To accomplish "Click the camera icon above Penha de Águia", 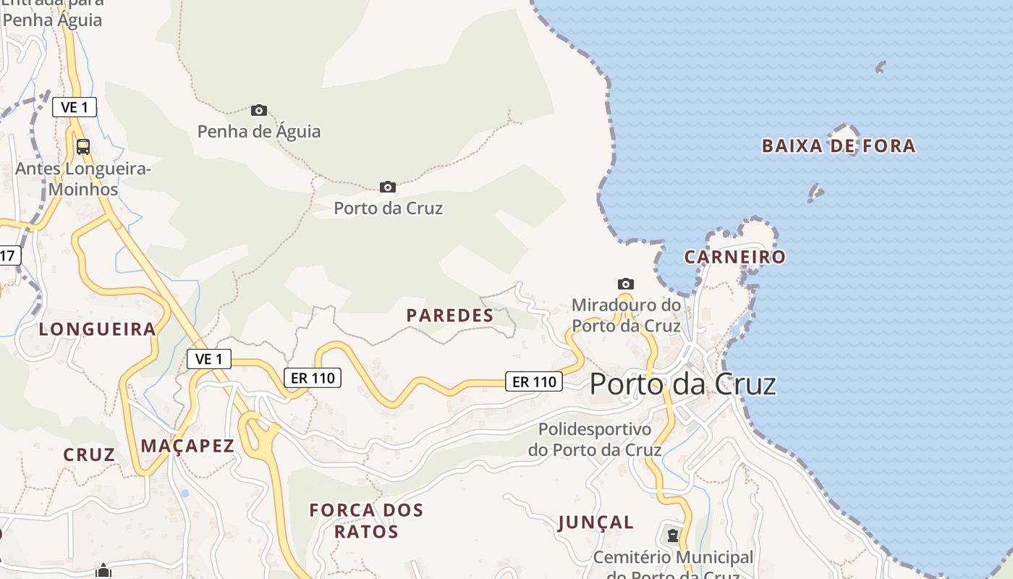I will (259, 111).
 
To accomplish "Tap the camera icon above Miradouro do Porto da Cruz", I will (626, 284).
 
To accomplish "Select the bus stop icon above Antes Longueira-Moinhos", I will (83, 147).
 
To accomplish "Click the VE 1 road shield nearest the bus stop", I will (75, 107).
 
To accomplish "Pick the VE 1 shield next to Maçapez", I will (209, 358).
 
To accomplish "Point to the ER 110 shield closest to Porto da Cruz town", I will (533, 381).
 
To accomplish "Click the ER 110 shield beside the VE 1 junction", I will (312, 377).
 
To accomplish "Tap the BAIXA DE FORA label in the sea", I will (839, 146).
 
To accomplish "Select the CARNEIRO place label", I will (734, 257).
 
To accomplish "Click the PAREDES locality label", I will (450, 316).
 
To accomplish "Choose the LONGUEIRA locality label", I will (98, 329).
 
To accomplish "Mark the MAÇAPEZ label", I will (187, 446).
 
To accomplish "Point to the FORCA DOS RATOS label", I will (366, 520).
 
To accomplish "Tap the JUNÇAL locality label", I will (596, 522).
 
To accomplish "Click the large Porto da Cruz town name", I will (682, 384).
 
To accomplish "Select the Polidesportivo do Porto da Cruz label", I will (594, 439).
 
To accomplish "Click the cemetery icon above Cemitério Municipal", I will (673, 536).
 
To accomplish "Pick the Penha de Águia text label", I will (259, 132).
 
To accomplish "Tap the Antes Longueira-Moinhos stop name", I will (82, 179).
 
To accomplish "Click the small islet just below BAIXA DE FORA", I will (815, 193).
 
